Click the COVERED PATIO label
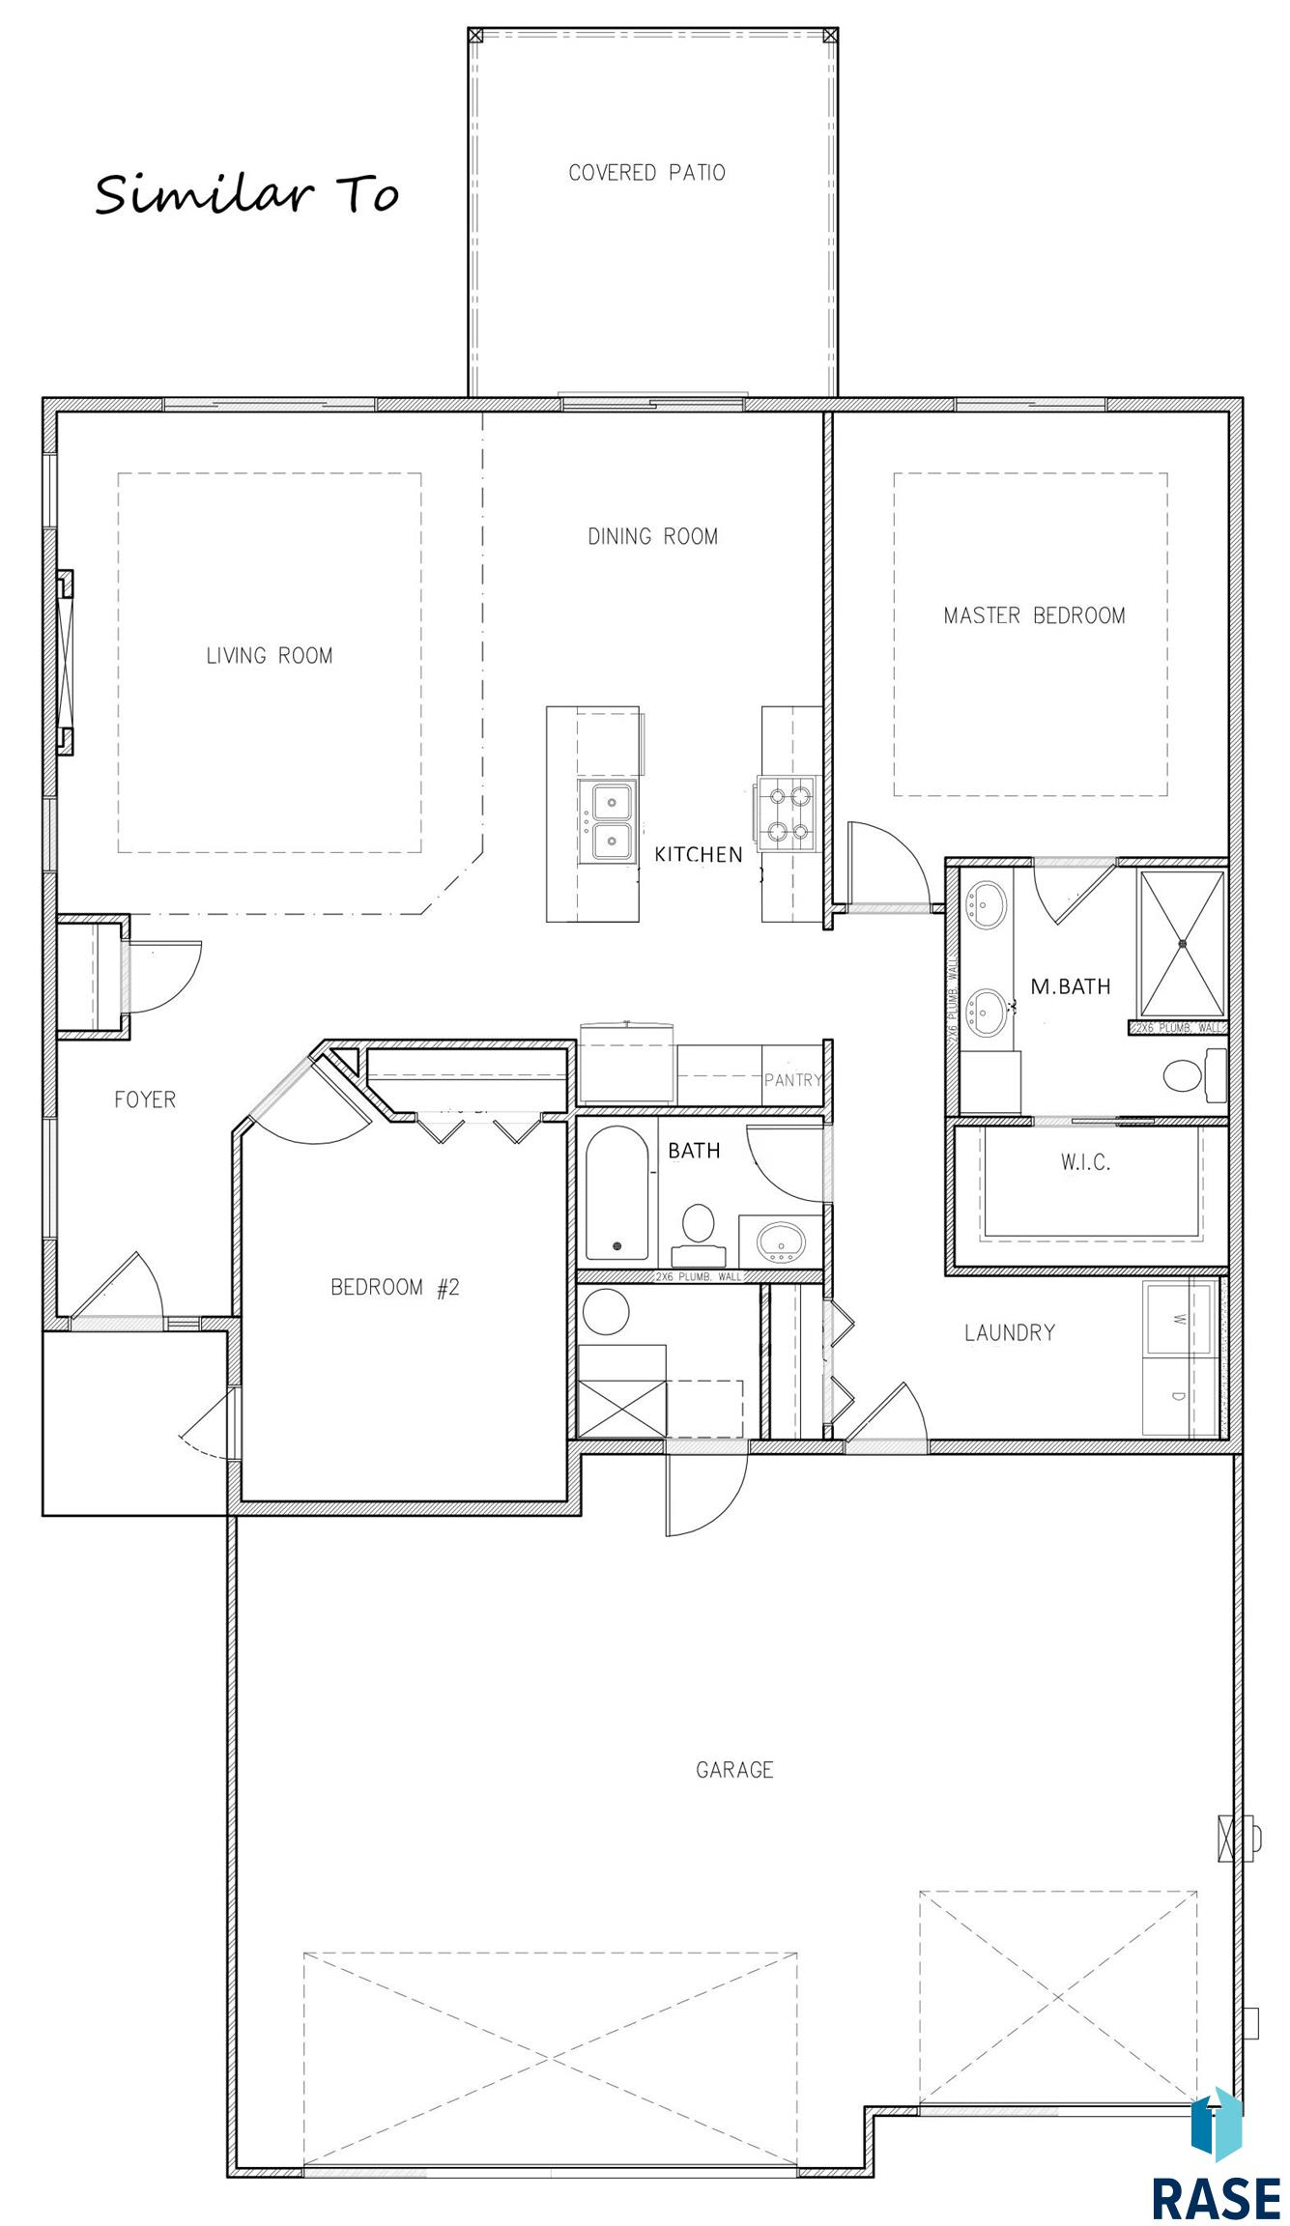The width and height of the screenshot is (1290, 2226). tap(646, 173)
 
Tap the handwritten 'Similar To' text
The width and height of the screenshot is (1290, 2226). tap(247, 193)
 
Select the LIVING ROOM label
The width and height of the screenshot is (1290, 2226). tap(270, 656)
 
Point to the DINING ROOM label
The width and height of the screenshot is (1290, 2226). tap(653, 536)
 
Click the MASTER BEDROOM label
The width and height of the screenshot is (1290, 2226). tap(1034, 615)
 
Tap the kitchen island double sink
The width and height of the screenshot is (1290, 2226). tap(607, 822)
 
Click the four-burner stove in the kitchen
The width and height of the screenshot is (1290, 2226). tap(787, 813)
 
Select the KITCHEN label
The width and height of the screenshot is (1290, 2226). tap(699, 854)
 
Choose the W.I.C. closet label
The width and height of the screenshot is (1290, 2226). tap(1085, 1162)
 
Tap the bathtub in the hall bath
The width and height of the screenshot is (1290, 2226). tap(616, 1194)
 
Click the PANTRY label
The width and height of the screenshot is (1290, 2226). tap(793, 1079)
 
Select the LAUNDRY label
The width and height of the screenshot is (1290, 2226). tap(1010, 1332)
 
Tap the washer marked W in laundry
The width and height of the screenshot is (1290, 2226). tap(1179, 1319)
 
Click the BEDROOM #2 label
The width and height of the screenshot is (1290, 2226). tap(395, 1287)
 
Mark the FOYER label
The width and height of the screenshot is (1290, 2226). tap(145, 1099)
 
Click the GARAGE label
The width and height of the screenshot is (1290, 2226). tap(734, 1770)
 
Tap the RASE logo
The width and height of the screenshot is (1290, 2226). tap(1216, 2156)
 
